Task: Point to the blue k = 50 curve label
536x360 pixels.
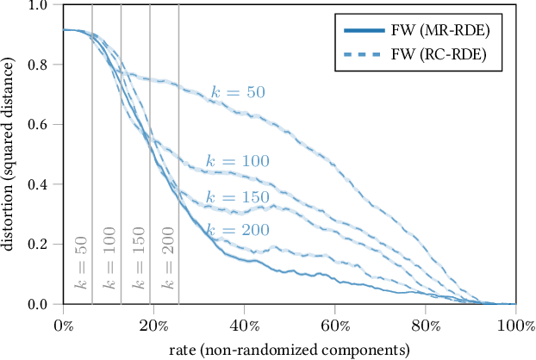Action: (x=237, y=92)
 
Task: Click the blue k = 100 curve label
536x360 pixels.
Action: (x=237, y=160)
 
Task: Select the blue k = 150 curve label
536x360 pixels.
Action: (x=237, y=197)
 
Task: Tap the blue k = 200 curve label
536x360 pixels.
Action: (x=237, y=229)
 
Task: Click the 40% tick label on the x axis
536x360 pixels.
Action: (x=244, y=325)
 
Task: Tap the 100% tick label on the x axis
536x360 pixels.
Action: (x=515, y=325)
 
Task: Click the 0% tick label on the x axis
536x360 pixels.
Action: (x=63, y=325)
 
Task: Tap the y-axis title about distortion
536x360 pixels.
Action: (x=10, y=155)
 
